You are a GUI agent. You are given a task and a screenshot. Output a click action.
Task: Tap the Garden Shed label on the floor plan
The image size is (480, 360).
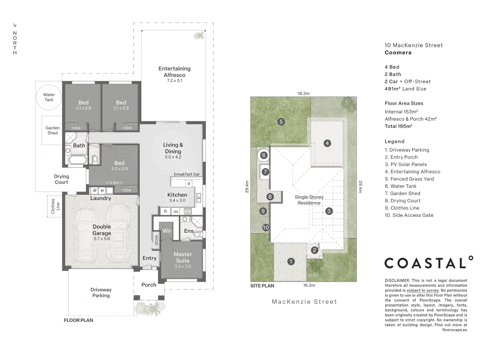coord(52,130)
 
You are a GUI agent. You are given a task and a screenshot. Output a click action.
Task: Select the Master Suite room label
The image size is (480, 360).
coord(183,257)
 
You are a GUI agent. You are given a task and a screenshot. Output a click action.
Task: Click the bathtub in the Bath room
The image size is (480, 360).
coord(78,160)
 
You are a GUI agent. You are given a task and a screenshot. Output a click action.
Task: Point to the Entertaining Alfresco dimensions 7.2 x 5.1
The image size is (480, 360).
coord(175,81)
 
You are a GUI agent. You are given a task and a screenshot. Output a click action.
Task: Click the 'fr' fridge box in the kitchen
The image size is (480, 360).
coord(166,211)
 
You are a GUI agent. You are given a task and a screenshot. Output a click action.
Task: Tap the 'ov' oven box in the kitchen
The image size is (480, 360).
coord(176,211)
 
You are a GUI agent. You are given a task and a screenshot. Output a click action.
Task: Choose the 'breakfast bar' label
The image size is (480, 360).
coord(187,174)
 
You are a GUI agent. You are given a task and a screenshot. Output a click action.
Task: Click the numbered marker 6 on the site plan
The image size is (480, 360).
coord(264,155)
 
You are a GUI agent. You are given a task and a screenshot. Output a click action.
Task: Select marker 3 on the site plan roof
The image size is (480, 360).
coord(329,211)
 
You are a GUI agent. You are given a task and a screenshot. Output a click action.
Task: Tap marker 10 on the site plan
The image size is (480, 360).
coord(266,228)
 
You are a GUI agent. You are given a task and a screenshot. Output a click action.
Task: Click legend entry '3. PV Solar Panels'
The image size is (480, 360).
coord(406,164)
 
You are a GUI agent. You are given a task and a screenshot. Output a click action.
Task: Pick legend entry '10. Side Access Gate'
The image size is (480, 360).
coord(409,215)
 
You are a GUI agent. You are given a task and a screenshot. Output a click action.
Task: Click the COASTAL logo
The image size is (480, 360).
coord(429,262)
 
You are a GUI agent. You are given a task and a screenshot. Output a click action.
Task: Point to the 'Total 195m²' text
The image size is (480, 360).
coord(398,126)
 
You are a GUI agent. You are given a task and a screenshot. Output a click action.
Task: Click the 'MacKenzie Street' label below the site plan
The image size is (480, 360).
coord(304,302)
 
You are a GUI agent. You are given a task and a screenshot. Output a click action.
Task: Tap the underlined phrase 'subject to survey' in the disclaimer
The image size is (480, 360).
coord(422,290)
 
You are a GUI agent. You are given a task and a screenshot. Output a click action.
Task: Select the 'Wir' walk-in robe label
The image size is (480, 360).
coord(167,231)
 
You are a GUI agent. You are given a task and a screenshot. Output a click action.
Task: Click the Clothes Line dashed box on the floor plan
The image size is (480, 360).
coord(55,206)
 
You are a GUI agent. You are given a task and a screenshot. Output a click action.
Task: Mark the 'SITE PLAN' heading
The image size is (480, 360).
coord(262,286)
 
